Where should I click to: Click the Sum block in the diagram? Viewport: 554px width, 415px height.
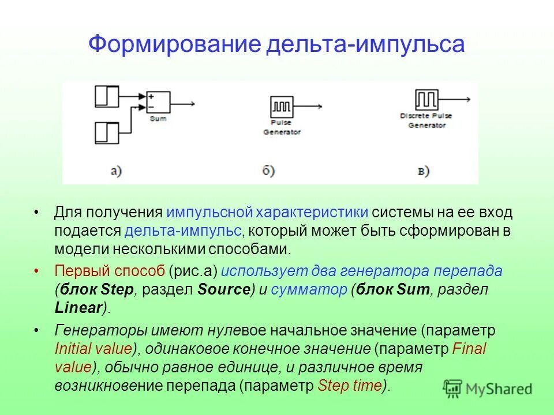[158, 102]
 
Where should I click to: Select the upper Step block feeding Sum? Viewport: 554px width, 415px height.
[107, 96]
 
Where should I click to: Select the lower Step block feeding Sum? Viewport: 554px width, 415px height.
[107, 133]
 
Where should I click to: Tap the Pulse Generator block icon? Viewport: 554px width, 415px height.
[282, 107]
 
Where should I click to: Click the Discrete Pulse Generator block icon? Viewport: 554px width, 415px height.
[426, 100]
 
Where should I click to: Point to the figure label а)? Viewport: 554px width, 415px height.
[115, 171]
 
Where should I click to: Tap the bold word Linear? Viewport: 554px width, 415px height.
[78, 308]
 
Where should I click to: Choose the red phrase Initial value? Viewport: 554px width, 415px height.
[93, 349]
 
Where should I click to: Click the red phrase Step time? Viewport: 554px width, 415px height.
[350, 386]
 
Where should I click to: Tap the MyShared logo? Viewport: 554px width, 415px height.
[488, 388]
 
